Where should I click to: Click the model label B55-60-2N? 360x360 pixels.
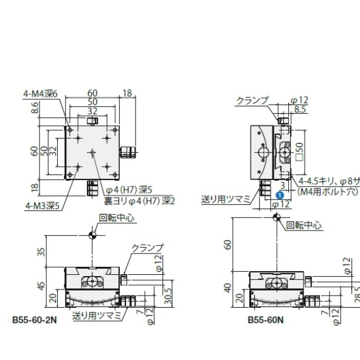pyautogui.click(x=35, y=319)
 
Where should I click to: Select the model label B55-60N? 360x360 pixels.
pyautogui.click(x=264, y=319)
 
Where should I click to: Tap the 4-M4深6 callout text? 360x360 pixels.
pyautogui.click(x=40, y=94)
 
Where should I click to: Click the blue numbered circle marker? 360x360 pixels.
pyautogui.click(x=278, y=195)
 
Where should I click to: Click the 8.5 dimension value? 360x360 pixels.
pyautogui.click(x=300, y=109)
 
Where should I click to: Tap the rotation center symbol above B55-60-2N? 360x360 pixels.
pyautogui.click(x=92, y=235)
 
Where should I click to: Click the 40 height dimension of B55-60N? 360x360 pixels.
pyautogui.click(x=228, y=289)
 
